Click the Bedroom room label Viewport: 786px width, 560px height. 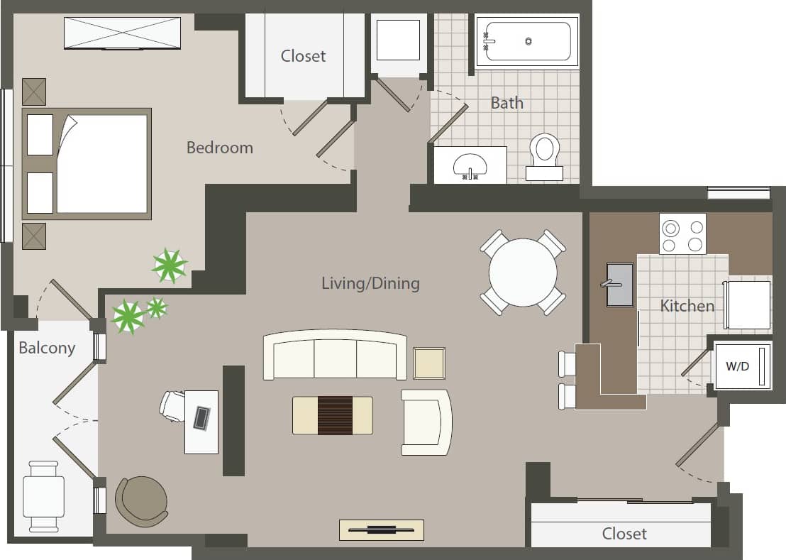point(219,148)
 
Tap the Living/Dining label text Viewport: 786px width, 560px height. point(370,284)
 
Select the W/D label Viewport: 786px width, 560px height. point(737,367)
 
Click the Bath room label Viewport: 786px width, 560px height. point(507,103)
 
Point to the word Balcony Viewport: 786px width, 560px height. point(47,348)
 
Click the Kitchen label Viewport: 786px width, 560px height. point(687,306)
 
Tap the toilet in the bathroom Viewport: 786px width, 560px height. point(545,155)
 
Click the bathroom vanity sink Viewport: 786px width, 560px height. point(470,165)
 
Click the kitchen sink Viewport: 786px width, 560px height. point(620,285)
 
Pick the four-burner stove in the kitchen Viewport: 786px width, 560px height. point(682,234)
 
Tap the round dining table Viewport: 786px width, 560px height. point(523,273)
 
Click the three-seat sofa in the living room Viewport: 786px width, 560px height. point(334,356)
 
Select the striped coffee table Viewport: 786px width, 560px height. point(333,415)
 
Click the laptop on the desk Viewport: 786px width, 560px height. point(201,418)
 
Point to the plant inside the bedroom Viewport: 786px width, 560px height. point(170,265)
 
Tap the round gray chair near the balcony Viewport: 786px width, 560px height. point(142,501)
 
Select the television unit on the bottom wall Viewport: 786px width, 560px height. point(381,529)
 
